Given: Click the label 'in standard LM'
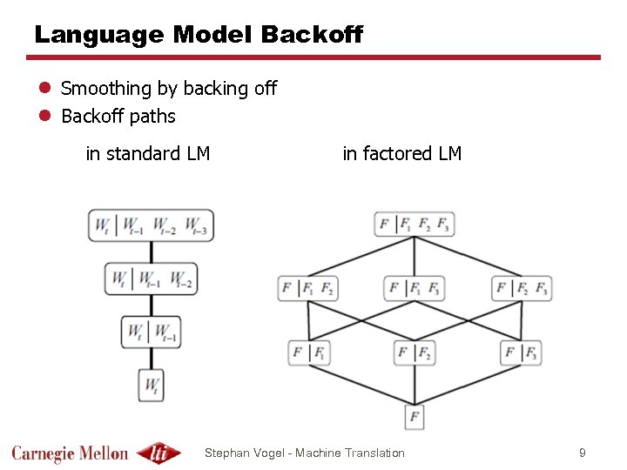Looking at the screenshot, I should [148, 154].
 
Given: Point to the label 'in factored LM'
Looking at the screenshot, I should [402, 154].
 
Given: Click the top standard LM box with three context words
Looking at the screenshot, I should [151, 225].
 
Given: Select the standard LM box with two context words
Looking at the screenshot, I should [151, 279].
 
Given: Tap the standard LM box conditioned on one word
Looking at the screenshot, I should [151, 331].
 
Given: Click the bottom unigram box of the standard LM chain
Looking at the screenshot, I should [151, 383].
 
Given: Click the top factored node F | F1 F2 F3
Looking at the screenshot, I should [415, 225].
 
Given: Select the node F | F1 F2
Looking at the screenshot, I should [307, 288].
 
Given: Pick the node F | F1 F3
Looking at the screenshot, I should [415, 288].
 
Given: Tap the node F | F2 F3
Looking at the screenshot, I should [522, 288].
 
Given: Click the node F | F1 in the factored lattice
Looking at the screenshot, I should [310, 352].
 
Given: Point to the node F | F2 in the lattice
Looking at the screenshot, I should [415, 352].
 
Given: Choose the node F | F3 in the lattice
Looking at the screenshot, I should [521, 352].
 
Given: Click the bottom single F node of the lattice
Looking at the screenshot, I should [415, 417].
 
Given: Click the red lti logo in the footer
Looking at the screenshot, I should [159, 453].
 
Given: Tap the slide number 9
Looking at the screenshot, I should [583, 453].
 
